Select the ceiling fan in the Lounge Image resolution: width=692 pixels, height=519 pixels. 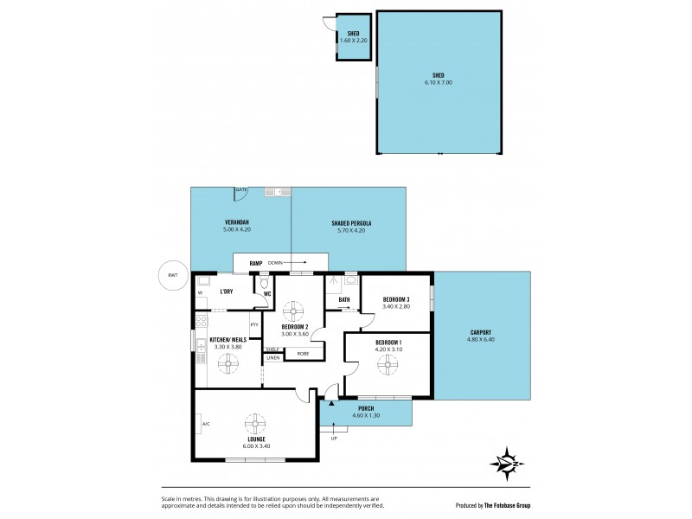(255, 425)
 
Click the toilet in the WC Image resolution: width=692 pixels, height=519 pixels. (265, 283)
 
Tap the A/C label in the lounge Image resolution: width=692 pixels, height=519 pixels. (206, 425)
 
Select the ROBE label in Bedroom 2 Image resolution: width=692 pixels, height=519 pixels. (303, 353)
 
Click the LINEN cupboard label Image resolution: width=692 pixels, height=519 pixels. (272, 357)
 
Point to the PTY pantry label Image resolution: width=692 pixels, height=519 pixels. (254, 324)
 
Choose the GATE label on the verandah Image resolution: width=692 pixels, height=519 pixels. (241, 189)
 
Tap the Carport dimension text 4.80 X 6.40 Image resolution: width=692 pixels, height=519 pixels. (482, 338)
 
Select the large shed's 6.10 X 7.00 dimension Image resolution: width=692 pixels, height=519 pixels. (438, 82)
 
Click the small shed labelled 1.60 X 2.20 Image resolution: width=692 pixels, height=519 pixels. (353, 39)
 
